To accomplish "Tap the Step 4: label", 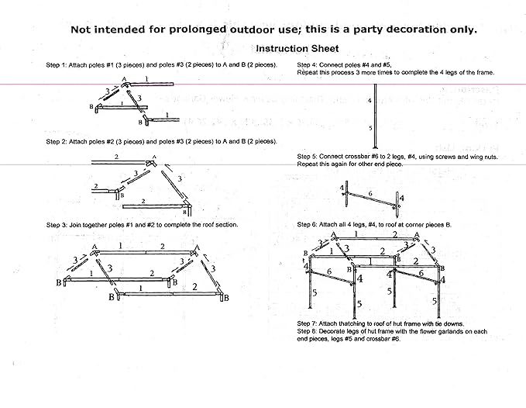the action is tap(308, 65).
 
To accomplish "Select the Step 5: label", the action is tap(308, 157).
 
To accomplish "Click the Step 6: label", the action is tap(308, 224).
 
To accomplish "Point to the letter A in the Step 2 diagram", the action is tap(153, 158).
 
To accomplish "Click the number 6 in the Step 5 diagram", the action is tap(370, 193).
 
